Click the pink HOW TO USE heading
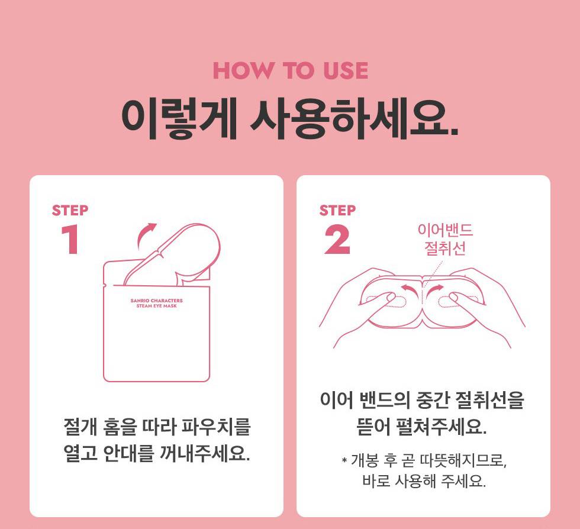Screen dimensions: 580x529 pos(291,70)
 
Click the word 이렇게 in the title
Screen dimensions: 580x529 pos(179,118)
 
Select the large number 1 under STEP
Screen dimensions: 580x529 pos(70,239)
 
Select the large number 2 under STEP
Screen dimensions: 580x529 pos(337,239)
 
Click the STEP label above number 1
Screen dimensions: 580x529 pos(70,210)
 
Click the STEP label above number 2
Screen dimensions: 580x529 pos(337,210)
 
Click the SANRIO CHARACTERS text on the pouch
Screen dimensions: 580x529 pos(156,301)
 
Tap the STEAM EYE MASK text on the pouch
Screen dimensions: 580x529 pos(156,306)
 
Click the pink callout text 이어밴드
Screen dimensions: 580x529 pos(445,230)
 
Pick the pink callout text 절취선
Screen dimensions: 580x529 pos(445,248)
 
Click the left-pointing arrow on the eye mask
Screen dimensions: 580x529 pos(410,289)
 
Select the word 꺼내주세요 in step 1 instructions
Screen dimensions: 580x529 pos(205,453)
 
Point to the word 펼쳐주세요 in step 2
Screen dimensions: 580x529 pos(442,427)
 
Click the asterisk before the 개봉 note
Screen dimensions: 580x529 pos(344,460)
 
